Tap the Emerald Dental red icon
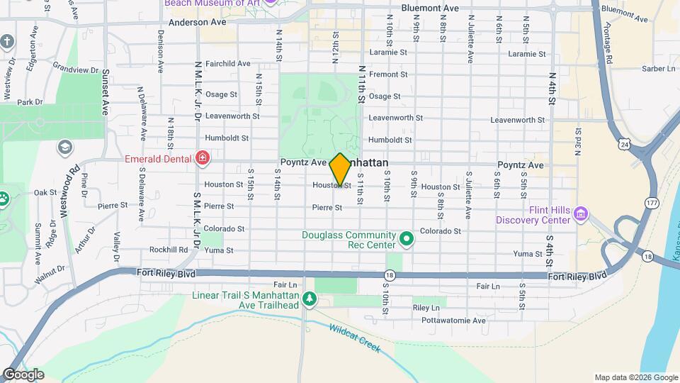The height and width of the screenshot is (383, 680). [x=203, y=157]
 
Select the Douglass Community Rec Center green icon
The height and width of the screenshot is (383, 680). [x=407, y=240]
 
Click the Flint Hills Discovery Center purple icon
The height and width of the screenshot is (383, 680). [x=581, y=213]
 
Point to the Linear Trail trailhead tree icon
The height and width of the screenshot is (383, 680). [x=309, y=300]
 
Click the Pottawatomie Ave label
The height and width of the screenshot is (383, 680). [x=455, y=320]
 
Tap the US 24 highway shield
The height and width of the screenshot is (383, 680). [x=624, y=144]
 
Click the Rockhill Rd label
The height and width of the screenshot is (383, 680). [x=169, y=250]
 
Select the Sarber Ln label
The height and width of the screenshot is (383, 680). [x=658, y=69]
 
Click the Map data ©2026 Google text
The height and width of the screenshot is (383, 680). [x=635, y=377]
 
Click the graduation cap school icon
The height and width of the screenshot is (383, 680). [x=64, y=148]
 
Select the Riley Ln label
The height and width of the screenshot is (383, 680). [x=426, y=308]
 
